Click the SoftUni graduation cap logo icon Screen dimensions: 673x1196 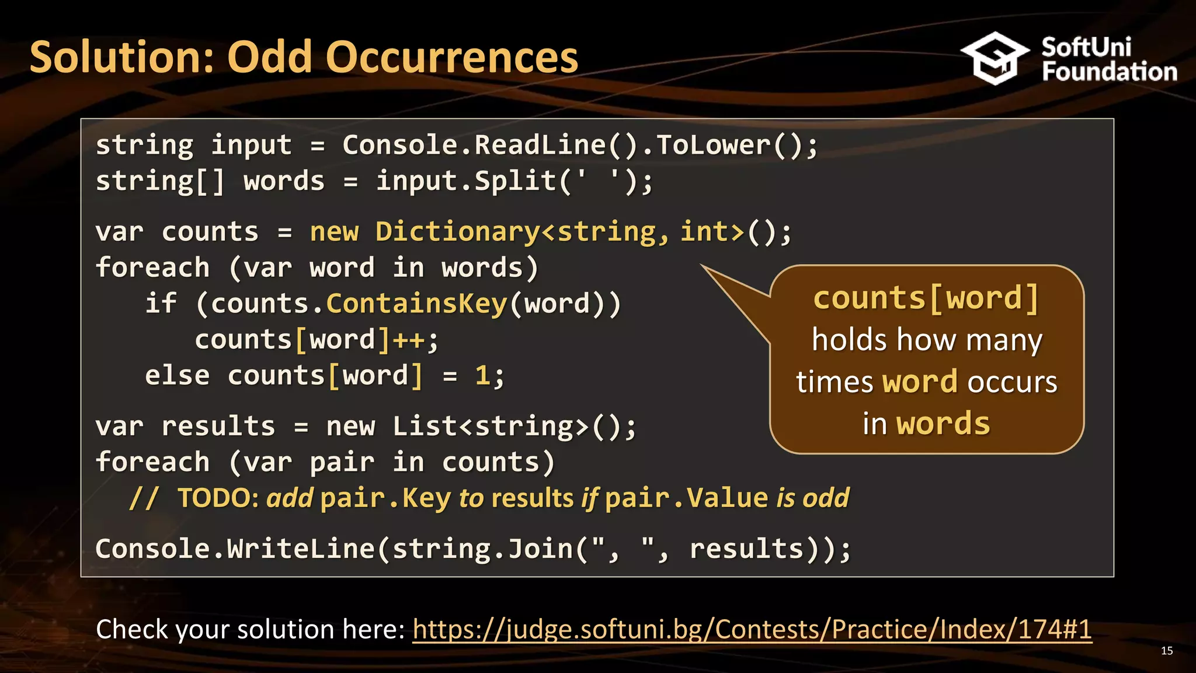pyautogui.click(x=995, y=58)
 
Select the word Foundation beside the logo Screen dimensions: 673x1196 pyautogui.click(x=1109, y=72)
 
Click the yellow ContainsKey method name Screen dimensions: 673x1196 pyautogui.click(x=416, y=304)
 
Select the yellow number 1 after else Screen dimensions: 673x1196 pyautogui.click(x=482, y=376)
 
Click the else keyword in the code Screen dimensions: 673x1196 pyautogui.click(x=177, y=376)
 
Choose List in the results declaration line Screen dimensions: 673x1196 pyautogui.click(x=425, y=426)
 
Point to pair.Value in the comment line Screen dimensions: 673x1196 pyautogui.click(x=686, y=498)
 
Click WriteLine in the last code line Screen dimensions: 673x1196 pyautogui.click(x=301, y=549)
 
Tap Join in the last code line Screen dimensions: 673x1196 pyautogui.click(x=540, y=549)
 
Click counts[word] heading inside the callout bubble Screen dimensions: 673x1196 pyautogui.click(x=926, y=299)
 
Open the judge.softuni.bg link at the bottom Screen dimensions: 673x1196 pyautogui.click(x=752, y=630)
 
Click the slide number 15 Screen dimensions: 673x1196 pyautogui.click(x=1167, y=651)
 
